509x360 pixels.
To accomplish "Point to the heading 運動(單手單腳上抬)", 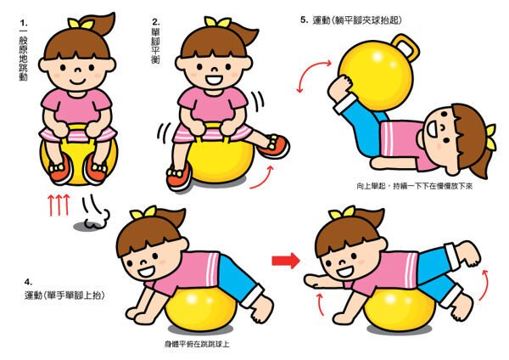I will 65,295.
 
